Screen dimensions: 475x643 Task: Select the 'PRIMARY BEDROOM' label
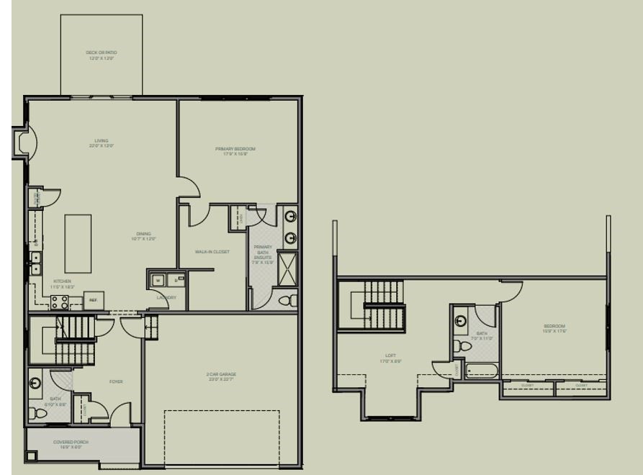[x=235, y=150]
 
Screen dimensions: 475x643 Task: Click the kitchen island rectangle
[x=78, y=243]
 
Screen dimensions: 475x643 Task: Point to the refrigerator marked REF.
[x=94, y=300]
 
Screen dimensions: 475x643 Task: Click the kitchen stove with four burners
[x=60, y=302]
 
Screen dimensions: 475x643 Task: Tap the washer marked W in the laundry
[x=158, y=280]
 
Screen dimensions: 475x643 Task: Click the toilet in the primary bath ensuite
[x=287, y=299]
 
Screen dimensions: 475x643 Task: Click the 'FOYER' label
[x=115, y=381]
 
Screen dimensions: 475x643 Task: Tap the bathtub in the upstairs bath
[x=482, y=371]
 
